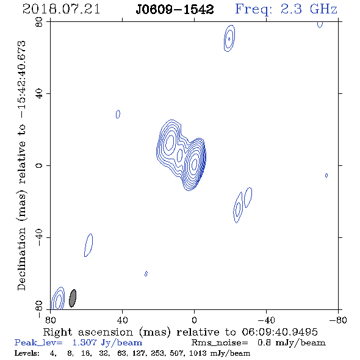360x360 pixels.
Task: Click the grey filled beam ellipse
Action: (x=73, y=298)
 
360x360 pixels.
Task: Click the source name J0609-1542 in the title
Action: (x=175, y=9)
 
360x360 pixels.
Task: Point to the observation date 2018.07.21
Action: (x=61, y=9)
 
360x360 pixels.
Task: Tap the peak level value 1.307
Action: (x=84, y=342)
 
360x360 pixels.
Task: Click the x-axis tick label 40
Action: (x=122, y=320)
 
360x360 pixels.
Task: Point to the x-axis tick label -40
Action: (x=266, y=320)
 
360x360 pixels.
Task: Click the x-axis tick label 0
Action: (x=194, y=320)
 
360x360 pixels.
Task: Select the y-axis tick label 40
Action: (x=39, y=94)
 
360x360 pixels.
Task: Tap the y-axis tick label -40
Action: (x=39, y=237)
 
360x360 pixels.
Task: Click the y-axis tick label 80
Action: (x=39, y=22)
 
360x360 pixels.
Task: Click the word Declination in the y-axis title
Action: (x=21, y=259)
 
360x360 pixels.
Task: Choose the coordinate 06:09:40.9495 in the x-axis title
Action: (x=279, y=332)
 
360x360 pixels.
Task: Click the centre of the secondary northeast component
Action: (x=170, y=142)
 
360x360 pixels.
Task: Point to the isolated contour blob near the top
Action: (x=229, y=38)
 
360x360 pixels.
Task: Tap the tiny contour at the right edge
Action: (x=326, y=175)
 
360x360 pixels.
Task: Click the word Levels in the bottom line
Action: (x=27, y=353)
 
